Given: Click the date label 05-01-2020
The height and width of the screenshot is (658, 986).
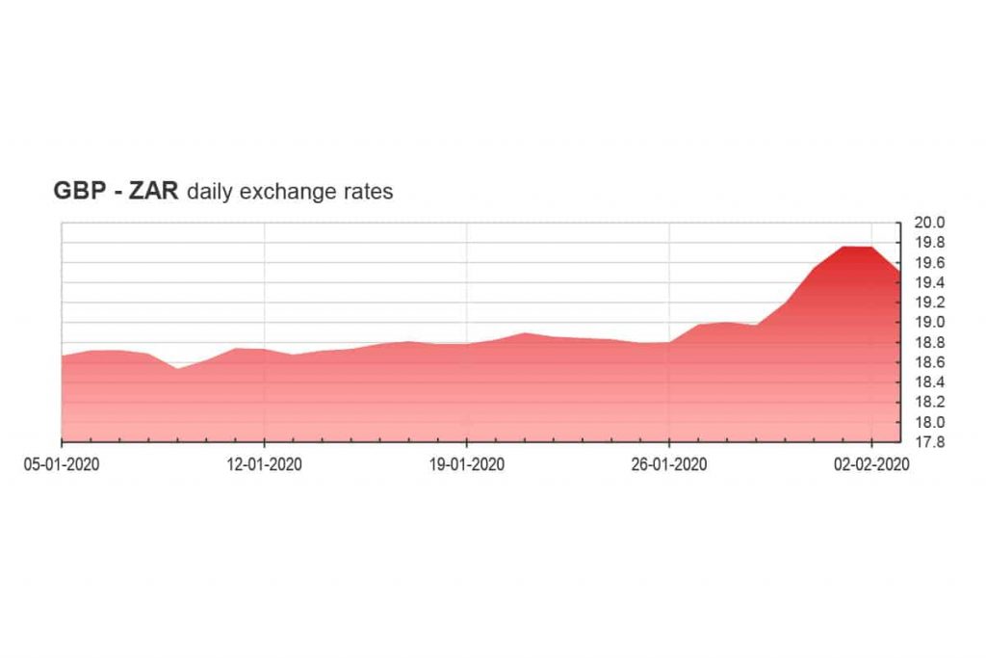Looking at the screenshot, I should (63, 463).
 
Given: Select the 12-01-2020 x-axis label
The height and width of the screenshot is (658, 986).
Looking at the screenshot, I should (265, 463).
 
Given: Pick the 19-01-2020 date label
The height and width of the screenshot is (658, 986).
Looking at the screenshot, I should (467, 463).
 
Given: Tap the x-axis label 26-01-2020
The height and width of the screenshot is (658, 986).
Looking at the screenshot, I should (669, 463).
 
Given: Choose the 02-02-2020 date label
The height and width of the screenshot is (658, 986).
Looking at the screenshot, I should (871, 463).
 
